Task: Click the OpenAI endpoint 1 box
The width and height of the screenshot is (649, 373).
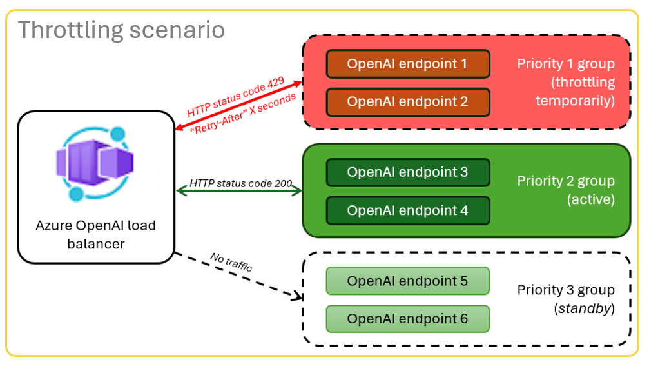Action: click(x=407, y=64)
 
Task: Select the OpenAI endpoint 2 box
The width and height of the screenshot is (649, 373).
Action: click(x=407, y=101)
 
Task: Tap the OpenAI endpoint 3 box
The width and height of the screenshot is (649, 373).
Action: click(x=407, y=172)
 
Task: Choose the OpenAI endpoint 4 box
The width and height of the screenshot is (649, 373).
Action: click(x=407, y=210)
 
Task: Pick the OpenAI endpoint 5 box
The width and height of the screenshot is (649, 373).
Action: click(x=407, y=281)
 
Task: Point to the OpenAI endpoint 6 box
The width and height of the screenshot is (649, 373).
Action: click(x=407, y=319)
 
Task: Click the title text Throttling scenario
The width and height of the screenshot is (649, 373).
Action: click(x=121, y=30)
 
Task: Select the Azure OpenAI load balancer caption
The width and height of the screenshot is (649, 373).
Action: click(x=95, y=235)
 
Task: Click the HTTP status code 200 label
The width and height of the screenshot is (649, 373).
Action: click(x=239, y=183)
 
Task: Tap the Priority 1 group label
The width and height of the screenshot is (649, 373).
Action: click(x=565, y=65)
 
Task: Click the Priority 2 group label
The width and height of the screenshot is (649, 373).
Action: click(x=565, y=181)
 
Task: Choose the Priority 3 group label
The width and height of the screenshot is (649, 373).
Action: click(x=565, y=290)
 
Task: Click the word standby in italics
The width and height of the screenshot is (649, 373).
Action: click(x=584, y=309)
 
